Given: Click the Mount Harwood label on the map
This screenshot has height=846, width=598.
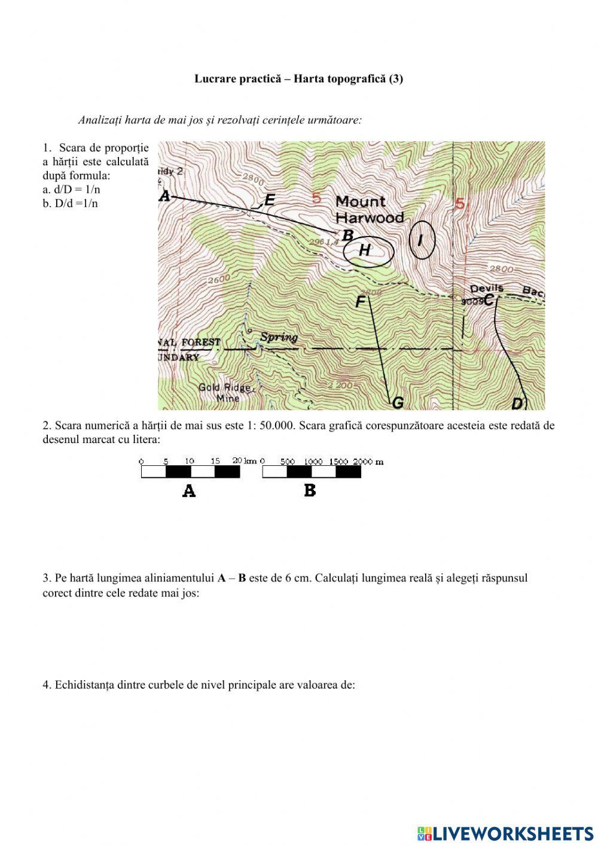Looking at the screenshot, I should [x=369, y=209].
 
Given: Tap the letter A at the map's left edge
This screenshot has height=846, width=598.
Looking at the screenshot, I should [x=165, y=196].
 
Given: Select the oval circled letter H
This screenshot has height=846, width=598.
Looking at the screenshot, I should [x=368, y=251].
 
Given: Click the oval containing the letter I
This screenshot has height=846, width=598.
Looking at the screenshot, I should [x=422, y=240].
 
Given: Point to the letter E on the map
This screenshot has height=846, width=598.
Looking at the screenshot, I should [x=270, y=200].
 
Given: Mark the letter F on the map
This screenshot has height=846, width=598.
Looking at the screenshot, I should [x=360, y=302].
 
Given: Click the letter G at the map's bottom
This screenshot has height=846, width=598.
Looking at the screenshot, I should [x=397, y=404].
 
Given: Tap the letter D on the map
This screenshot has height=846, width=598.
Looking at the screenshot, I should [x=518, y=404].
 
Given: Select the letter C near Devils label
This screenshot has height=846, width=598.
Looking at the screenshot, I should [x=489, y=300].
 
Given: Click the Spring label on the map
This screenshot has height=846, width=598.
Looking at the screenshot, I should [x=279, y=336].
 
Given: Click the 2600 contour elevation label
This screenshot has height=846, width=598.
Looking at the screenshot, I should [x=219, y=279].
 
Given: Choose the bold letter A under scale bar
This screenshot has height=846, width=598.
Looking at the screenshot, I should [x=189, y=492].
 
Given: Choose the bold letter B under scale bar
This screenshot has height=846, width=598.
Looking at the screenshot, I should [x=310, y=490].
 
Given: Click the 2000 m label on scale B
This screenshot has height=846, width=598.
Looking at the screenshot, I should [x=368, y=462].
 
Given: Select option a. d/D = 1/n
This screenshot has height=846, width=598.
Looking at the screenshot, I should [x=72, y=189].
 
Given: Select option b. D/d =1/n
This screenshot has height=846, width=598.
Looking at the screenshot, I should [x=71, y=203].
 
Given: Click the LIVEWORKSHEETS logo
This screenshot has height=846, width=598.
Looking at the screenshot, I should [x=505, y=833].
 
